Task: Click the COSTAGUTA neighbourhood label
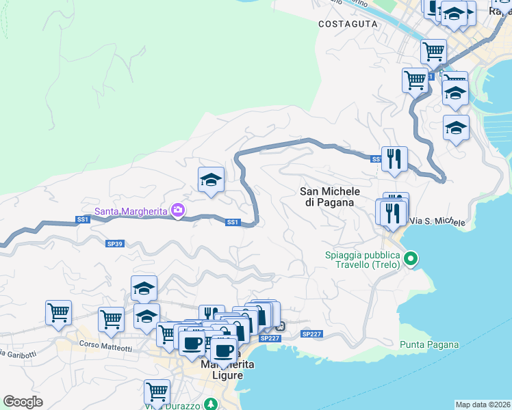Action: coord(348,23)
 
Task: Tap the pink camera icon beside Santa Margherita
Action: coord(178,210)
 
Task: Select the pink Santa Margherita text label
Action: coord(131,211)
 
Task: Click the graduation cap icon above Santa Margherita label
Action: coord(211,180)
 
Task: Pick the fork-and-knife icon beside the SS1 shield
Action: coord(394,159)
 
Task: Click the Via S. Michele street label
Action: coord(437,222)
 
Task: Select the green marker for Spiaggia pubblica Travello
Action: coord(411,258)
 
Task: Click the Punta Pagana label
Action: coord(429,344)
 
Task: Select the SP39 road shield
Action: coord(114,243)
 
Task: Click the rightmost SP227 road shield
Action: coord(311,333)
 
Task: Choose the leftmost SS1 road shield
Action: coord(82,219)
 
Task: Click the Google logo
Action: coord(23,402)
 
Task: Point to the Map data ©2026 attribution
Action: coord(483,405)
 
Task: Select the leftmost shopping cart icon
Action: coord(59,313)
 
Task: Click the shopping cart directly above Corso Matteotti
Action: coord(111,318)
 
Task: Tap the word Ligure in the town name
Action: coord(218,377)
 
